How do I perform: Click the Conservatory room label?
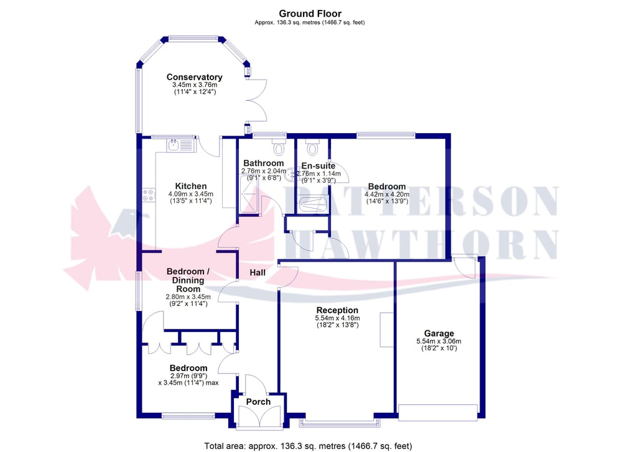[x=194, y=77]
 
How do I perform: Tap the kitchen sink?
[x=181, y=145]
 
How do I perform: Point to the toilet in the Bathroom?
[x=279, y=147]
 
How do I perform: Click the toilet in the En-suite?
[x=313, y=147]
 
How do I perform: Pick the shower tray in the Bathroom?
[x=249, y=194]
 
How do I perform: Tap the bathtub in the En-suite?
[x=313, y=205]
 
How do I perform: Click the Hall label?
[x=258, y=273]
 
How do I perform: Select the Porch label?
[x=258, y=402]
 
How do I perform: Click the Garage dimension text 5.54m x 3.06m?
[x=439, y=341]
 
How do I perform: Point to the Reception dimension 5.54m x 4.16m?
[x=337, y=318]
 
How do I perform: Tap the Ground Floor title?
[x=310, y=14]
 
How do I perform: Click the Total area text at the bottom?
[x=309, y=446]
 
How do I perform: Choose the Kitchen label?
[x=191, y=186]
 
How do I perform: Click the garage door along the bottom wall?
[x=438, y=412]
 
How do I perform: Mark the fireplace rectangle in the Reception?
[x=387, y=330]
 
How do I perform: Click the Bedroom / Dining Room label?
[x=188, y=280]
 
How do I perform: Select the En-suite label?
[x=318, y=166]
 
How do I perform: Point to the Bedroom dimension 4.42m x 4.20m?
[x=387, y=194]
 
